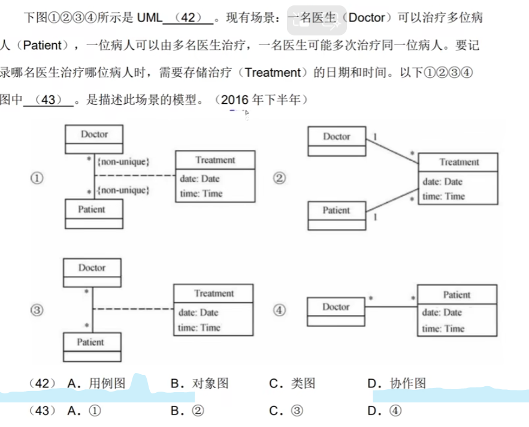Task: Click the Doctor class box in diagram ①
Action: (x=94, y=139)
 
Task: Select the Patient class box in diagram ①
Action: (x=93, y=214)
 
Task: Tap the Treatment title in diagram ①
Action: (x=215, y=160)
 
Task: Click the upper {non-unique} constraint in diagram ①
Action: (x=123, y=161)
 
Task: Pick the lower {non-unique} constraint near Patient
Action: (x=123, y=191)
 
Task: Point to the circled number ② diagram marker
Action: (x=280, y=178)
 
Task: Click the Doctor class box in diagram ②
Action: (x=336, y=142)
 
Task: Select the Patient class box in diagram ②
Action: (x=336, y=215)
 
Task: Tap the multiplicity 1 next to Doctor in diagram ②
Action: (x=374, y=137)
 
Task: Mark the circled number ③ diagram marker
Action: (x=37, y=310)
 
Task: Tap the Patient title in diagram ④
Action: (x=457, y=294)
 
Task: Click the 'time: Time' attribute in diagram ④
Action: (x=443, y=329)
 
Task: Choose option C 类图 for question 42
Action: (x=293, y=384)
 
